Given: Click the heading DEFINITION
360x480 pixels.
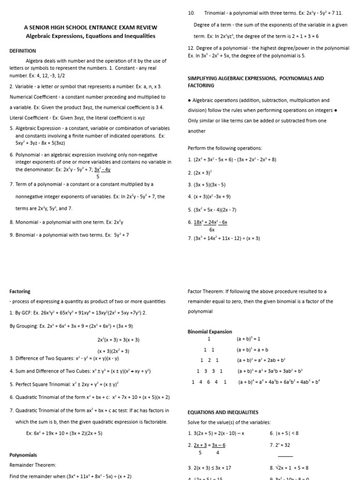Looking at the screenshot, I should [22, 51].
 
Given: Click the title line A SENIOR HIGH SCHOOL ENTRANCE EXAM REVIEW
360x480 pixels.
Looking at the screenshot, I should [90, 28].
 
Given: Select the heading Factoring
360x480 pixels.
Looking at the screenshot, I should [20, 291].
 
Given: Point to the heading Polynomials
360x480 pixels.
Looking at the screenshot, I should [23, 455].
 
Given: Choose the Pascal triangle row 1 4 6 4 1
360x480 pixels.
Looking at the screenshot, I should [209, 382].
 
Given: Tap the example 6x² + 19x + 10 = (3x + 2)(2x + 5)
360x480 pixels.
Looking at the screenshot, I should [64, 433].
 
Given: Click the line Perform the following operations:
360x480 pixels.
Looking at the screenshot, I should [218, 148].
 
